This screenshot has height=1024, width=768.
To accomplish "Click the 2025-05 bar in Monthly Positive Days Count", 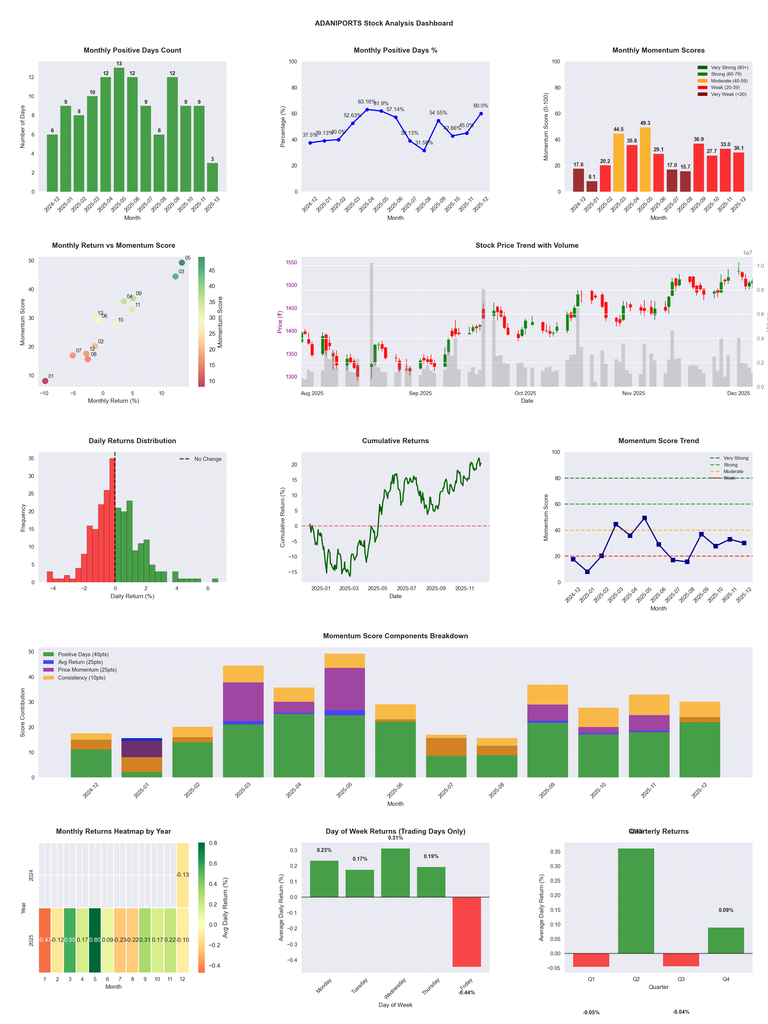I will coord(119,130).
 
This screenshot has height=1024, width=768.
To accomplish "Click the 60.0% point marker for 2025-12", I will coord(481,113).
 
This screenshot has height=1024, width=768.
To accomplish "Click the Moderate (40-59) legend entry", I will coord(729,81).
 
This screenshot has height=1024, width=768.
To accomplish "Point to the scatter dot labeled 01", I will coord(45,381).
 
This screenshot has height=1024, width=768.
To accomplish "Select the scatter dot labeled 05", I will coord(182,263).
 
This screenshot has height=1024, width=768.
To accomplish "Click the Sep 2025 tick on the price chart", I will coord(420,393).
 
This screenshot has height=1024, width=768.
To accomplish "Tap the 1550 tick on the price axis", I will coord(291,263).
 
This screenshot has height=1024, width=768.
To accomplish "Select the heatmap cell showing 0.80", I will coord(95,940).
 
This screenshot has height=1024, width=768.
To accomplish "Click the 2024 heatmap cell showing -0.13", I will coord(182,874).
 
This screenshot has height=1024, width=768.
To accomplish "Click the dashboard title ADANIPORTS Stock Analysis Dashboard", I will coord(384,23).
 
